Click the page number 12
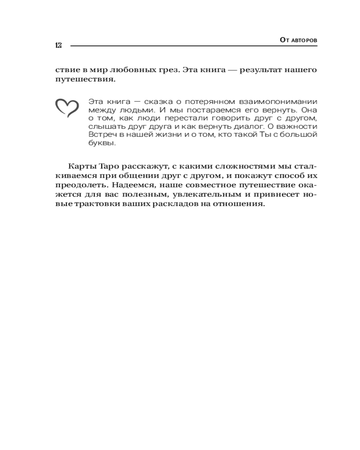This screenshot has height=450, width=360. (58, 45)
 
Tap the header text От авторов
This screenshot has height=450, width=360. (298, 40)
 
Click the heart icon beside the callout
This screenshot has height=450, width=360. (67, 108)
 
